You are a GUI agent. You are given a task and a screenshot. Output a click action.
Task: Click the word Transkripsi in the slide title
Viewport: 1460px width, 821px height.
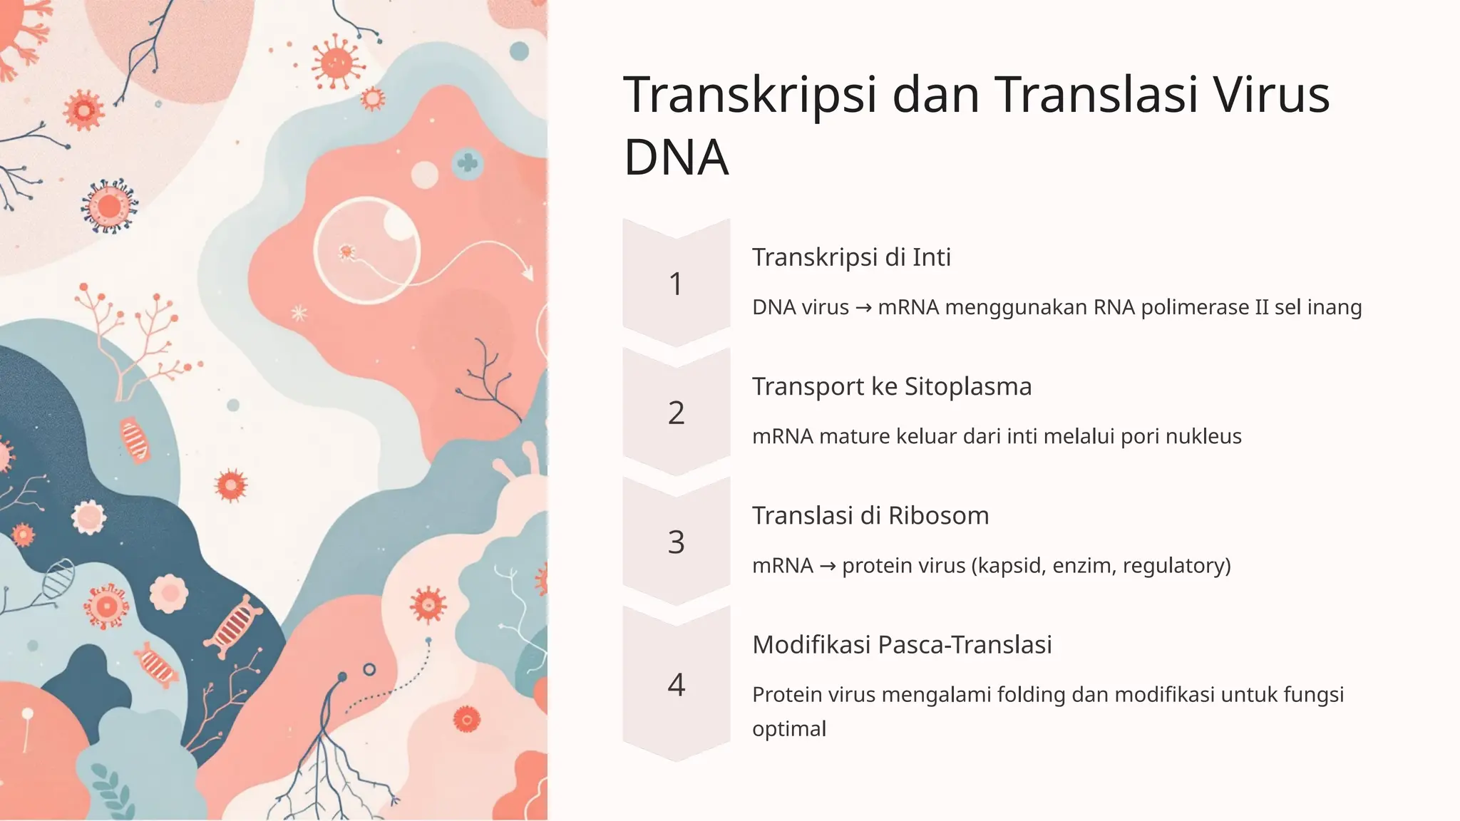coord(750,95)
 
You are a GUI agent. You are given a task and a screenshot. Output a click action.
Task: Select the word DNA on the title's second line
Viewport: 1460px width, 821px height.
coord(676,158)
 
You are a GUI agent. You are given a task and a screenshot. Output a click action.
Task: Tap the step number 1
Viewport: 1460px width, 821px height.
coord(676,284)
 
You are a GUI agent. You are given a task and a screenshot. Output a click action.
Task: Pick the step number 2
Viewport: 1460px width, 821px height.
coord(676,413)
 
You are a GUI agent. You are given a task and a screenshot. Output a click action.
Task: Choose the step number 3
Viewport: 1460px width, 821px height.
coord(676,542)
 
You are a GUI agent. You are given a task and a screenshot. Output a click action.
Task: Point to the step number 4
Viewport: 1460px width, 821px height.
coord(676,684)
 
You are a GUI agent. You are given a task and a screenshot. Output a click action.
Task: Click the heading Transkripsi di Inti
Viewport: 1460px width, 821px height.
coord(851,257)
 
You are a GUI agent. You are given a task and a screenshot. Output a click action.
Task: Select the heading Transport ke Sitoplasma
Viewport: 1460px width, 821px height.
coord(891,386)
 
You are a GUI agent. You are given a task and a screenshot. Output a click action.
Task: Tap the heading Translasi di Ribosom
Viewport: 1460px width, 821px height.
coord(870,515)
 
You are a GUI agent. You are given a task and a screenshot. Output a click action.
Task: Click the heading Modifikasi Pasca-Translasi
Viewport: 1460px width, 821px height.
coord(902,644)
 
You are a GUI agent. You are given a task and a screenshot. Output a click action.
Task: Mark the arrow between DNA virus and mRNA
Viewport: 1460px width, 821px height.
coord(863,308)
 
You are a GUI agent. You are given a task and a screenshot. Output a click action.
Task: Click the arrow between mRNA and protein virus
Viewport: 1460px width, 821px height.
coord(828,566)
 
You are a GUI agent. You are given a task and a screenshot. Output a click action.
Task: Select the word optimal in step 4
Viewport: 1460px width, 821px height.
coord(788,728)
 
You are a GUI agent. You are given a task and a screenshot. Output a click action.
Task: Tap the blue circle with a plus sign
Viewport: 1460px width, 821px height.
coord(468,163)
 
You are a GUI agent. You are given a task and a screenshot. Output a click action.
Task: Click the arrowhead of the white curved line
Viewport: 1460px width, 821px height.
coord(527,273)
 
